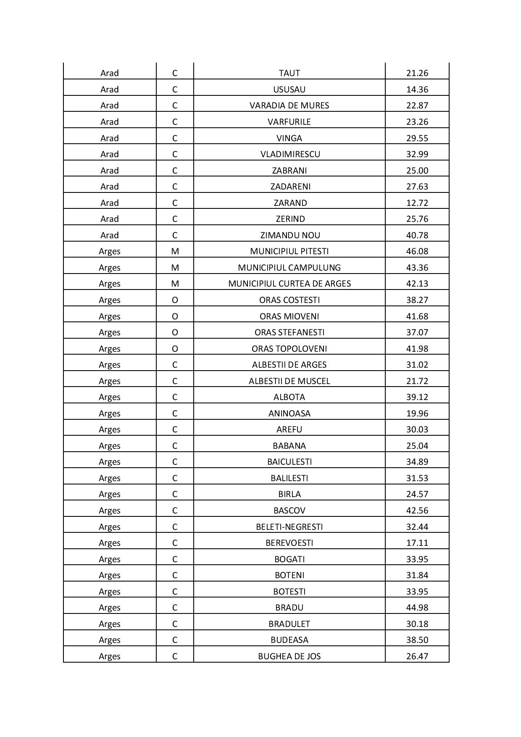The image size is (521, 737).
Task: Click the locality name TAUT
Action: coord(289,73)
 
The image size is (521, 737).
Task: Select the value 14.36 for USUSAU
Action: coord(417,89)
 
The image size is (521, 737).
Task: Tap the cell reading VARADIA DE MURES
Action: coord(289,105)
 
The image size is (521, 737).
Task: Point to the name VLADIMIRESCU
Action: coord(290,154)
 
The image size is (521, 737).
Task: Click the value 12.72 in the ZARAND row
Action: coord(417,203)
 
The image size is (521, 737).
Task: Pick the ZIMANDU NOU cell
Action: coord(290,235)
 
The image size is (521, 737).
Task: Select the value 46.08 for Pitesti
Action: coord(417,251)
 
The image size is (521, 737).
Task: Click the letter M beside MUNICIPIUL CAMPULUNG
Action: coord(175,268)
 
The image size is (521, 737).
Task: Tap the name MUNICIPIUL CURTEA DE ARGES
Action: coord(289,284)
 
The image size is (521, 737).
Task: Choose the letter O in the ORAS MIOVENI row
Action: coord(175,316)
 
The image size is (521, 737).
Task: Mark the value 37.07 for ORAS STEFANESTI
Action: coord(417,332)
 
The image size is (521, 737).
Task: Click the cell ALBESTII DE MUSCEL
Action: coord(289,381)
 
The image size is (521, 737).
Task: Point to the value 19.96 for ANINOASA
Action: coord(417,413)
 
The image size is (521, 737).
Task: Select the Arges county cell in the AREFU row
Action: coord(109,429)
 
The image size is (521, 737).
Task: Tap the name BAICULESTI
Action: coord(289,462)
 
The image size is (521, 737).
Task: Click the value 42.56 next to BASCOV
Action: coord(417,511)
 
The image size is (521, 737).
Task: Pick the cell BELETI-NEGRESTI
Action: coord(289,527)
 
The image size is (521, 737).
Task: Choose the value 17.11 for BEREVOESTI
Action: coord(417,543)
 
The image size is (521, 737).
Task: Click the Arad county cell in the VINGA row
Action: coord(109,138)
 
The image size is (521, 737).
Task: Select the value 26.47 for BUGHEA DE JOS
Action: coord(417,656)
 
